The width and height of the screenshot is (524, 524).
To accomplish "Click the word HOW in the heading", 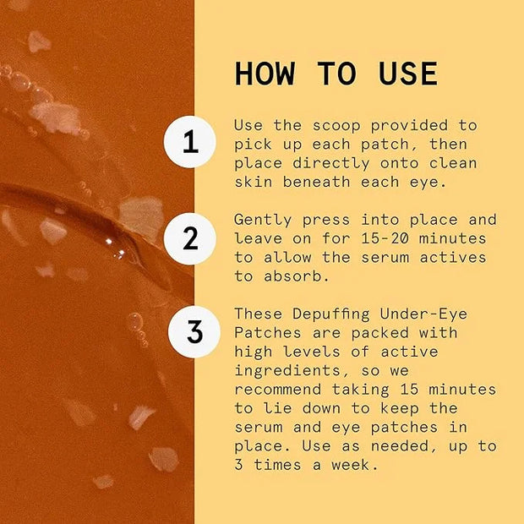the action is coord(265,74).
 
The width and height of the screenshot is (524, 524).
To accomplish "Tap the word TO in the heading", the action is coord(337,74).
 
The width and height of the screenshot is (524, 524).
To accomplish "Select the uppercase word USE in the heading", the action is coord(408,74).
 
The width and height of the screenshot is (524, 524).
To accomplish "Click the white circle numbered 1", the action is coord(190,142).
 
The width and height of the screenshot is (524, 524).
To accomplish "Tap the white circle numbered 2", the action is coord(190,238).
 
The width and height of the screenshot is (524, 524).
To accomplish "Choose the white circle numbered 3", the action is coord(194,332).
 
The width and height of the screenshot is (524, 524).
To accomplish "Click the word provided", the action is coord(409,126).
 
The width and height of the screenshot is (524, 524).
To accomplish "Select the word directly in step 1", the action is coord(331,164).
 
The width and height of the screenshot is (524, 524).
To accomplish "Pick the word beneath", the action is coord(316,183).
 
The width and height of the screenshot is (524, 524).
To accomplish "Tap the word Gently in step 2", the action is coord(263,221).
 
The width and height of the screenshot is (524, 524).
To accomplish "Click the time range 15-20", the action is coord(385,239).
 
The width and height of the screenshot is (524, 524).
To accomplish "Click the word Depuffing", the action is coord(331,314).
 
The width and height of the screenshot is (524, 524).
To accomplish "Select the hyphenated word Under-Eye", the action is coord(423,314).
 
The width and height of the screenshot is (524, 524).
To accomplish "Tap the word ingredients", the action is coord(287,371).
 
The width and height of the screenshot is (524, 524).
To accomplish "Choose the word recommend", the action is coord(278,390).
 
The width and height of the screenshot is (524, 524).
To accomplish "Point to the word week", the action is coord(355,465).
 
